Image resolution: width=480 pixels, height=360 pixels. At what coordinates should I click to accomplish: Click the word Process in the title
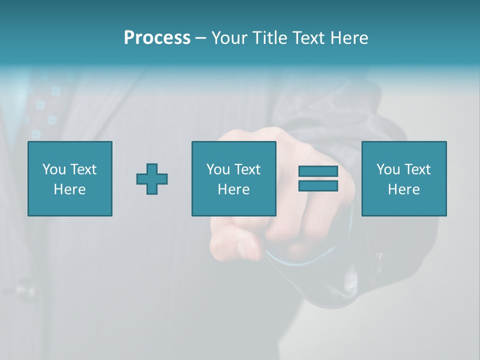[157, 38]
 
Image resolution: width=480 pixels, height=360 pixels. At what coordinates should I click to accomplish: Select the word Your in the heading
[229, 38]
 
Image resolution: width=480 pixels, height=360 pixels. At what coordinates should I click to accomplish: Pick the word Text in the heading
[306, 38]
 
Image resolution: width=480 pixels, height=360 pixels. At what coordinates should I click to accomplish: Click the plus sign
[152, 179]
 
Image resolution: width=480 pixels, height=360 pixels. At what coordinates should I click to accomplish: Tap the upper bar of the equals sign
[318, 171]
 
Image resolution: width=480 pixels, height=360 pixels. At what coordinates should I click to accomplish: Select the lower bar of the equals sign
[318, 185]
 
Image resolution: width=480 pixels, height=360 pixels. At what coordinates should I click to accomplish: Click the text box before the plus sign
[69, 178]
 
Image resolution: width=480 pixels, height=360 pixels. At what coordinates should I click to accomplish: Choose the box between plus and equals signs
[233, 178]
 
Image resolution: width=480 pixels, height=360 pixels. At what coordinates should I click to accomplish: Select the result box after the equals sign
[403, 178]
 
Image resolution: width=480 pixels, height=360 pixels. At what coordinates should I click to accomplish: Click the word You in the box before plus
[54, 169]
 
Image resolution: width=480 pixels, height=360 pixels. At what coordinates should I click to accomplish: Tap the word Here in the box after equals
[403, 189]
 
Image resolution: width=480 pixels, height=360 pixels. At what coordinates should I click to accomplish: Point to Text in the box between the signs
[247, 169]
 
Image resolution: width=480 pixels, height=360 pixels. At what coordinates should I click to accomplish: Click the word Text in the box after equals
[417, 169]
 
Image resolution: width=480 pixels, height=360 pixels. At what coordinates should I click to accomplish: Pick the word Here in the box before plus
[69, 189]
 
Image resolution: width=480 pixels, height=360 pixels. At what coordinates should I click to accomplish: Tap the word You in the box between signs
[218, 169]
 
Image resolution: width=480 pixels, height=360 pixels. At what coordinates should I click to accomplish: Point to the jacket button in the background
[22, 290]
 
